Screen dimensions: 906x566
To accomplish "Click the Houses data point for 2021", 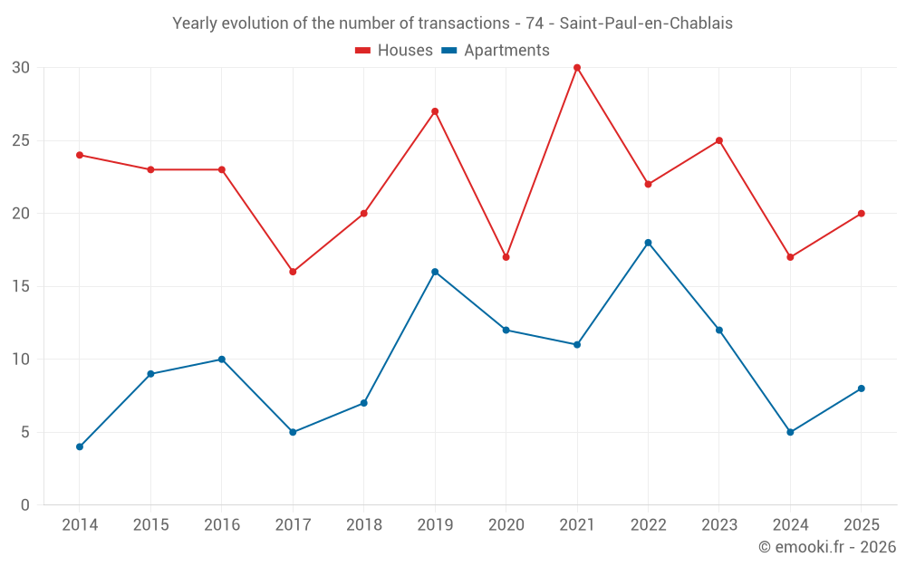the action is click(x=576, y=68).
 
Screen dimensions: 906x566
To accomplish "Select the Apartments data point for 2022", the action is click(x=648, y=243).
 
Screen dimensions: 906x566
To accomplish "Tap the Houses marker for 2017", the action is click(x=293, y=272).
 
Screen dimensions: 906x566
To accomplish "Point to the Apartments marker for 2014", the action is click(x=79, y=446).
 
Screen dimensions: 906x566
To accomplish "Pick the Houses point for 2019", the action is click(x=435, y=111).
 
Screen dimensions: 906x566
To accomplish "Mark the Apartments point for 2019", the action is click(x=435, y=272).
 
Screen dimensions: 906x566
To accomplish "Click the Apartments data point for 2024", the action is click(x=790, y=432).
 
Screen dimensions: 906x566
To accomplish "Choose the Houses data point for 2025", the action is click(x=861, y=213).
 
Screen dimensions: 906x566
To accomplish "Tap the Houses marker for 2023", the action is click(x=718, y=140).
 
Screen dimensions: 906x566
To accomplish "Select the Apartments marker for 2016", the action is click(x=221, y=360).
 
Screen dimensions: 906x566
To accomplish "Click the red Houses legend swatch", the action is click(x=362, y=51).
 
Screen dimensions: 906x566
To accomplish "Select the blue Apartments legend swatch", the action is click(x=449, y=51).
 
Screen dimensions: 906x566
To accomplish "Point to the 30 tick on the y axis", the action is click(x=21, y=68).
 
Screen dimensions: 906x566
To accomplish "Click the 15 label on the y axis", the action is click(x=21, y=286).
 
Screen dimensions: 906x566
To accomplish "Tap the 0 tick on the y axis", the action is click(x=24, y=505).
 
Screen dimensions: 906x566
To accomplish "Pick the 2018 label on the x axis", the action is click(x=364, y=524).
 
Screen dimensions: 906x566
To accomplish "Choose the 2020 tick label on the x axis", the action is click(x=506, y=524).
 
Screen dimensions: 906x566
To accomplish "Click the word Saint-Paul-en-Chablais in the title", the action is click(x=646, y=24).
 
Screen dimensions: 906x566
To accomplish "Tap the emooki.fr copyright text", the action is click(x=827, y=546).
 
